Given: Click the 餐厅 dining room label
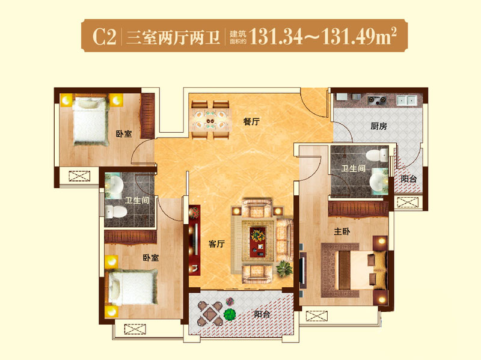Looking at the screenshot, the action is click(x=251, y=122).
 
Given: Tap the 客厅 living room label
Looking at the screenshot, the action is click(x=216, y=244).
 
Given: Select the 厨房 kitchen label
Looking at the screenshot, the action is click(x=379, y=126).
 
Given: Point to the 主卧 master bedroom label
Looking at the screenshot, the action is click(x=342, y=231).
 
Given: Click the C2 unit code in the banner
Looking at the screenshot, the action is click(x=105, y=37).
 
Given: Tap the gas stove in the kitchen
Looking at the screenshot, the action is click(x=377, y=100).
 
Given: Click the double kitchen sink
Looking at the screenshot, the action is click(x=407, y=100).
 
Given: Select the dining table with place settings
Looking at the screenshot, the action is click(x=210, y=120).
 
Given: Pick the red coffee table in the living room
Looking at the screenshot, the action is click(x=258, y=242).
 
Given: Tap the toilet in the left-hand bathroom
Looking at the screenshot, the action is click(x=116, y=212).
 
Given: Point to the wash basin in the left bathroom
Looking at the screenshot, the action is click(x=114, y=185).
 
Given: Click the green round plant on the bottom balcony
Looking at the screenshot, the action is click(x=230, y=314).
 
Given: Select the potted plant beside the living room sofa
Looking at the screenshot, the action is click(x=284, y=269).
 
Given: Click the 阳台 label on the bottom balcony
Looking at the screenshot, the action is click(x=262, y=314).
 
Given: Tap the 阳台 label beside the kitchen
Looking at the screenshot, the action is click(x=409, y=178).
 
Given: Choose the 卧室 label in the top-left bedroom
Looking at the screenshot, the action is click(x=124, y=134).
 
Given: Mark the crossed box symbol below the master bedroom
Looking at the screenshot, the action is click(x=317, y=316).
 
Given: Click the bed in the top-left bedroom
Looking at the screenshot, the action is click(x=91, y=121).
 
